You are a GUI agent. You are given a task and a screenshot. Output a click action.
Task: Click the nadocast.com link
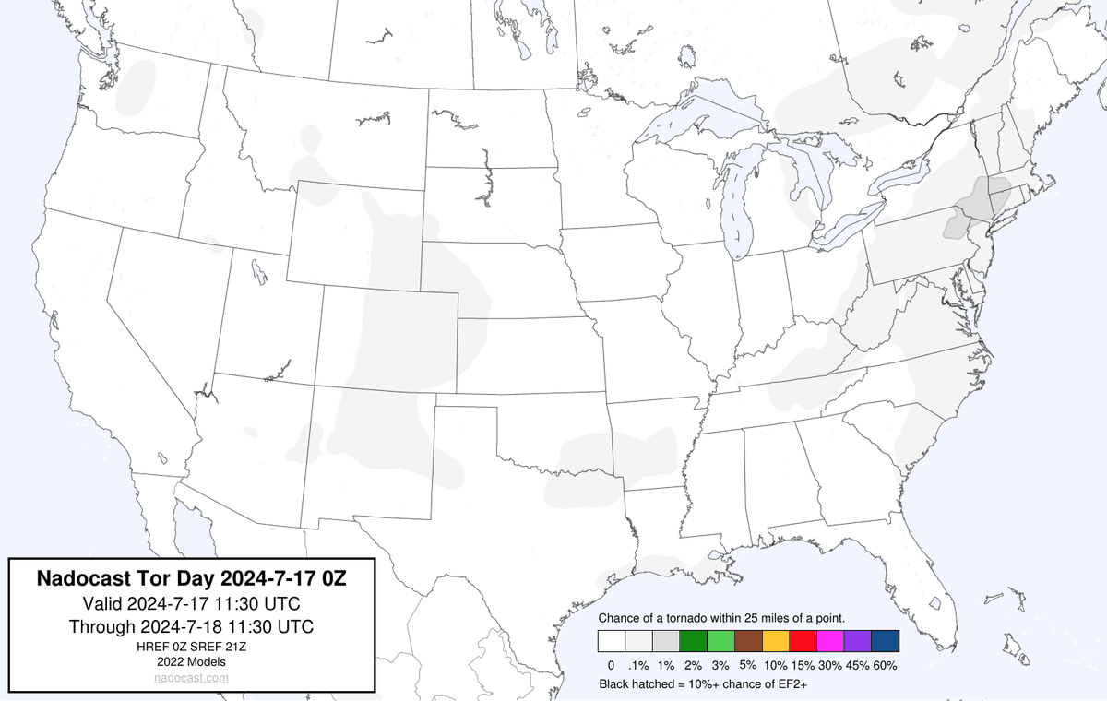192,677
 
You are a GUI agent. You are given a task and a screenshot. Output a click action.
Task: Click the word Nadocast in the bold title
80,579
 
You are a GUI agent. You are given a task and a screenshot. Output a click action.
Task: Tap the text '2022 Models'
192,661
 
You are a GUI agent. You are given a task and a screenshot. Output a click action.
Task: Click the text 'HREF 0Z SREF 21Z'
192,647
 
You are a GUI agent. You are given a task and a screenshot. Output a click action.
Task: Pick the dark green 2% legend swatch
692,641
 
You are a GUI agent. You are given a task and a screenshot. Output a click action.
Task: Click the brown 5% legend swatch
748,641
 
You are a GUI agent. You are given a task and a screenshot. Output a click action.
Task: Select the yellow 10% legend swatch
776,641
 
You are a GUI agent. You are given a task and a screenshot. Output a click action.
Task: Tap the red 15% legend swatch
803,641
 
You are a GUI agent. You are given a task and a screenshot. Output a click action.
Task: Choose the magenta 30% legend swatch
830,641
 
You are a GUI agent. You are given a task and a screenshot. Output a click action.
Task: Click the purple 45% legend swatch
858,641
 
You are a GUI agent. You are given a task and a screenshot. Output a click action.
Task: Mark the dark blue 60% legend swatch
886,641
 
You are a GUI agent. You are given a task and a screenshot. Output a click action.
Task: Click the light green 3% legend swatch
720,641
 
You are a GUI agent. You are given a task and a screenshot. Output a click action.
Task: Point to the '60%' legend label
886,665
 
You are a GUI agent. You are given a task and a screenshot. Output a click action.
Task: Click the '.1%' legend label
638,665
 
